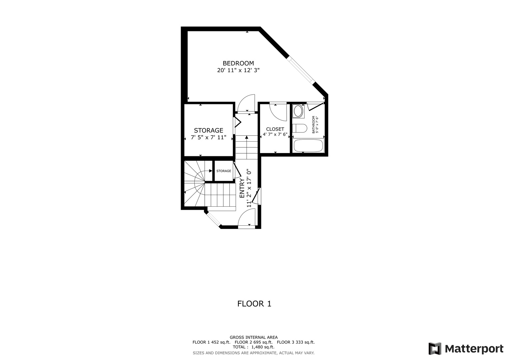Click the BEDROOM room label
tap(238, 63)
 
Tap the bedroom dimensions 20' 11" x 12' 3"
tap(238, 70)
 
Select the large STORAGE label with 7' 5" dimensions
tap(209, 130)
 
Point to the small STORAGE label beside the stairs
tap(224, 171)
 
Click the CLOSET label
tap(275, 129)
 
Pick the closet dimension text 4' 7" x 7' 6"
tap(275, 134)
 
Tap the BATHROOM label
tap(314, 125)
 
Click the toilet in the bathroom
tap(299, 128)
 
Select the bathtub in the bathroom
tap(308, 146)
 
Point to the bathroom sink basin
tap(298, 111)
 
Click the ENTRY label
tap(242, 188)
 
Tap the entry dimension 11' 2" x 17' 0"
tap(249, 188)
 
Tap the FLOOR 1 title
tap(254, 304)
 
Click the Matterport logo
tap(466, 349)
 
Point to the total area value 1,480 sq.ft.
tap(263, 347)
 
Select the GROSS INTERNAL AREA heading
tap(254, 337)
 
